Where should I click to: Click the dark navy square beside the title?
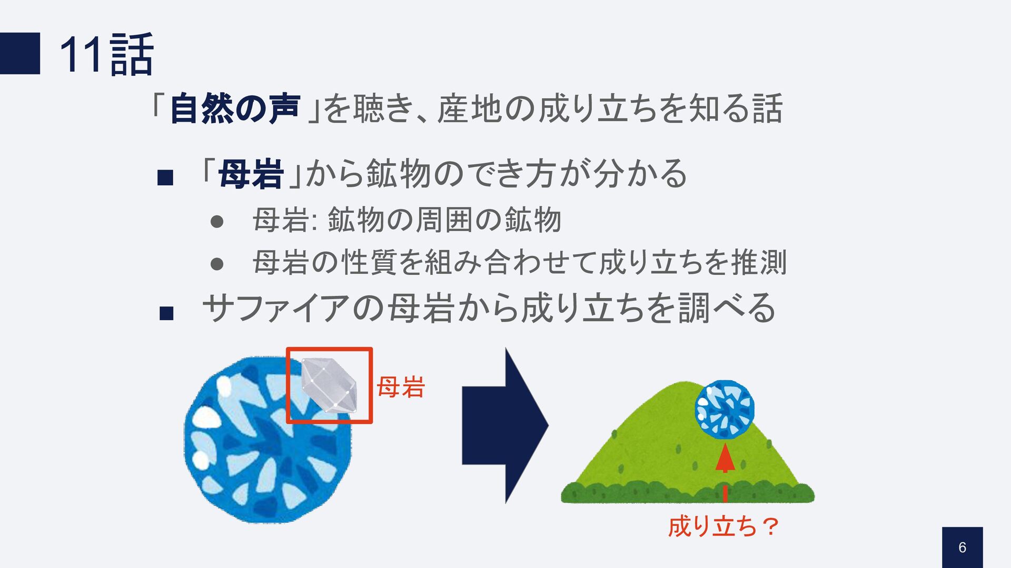coord(20,53)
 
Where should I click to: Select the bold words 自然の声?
coord(235,108)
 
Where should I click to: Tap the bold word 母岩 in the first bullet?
coord(251,174)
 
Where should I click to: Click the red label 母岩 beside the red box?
coord(401,387)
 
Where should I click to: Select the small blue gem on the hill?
coord(724,410)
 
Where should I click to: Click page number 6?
coord(962,547)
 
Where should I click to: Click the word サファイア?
coord(276,308)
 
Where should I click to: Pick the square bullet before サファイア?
coord(166,314)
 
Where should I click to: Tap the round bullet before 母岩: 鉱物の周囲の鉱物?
coord(216,221)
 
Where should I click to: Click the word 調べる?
coord(727,308)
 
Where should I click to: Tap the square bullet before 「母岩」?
coord(165,177)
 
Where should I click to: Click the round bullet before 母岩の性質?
coord(216,263)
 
